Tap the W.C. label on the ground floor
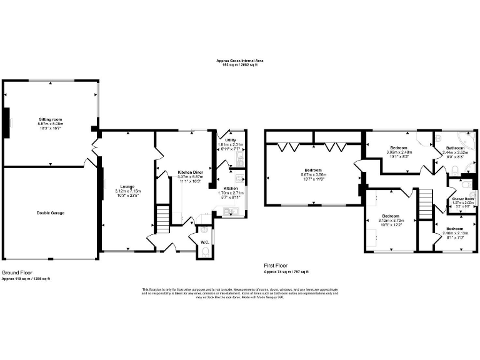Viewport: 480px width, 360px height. pos(204,242)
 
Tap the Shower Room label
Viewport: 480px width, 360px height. pos(463,199)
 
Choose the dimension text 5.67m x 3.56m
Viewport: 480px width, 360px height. pos(312,175)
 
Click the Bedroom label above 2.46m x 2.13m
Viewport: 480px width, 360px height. pos(454,229)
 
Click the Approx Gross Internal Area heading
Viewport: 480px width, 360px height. pos(240,61)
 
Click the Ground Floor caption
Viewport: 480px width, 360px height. pos(17,272)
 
